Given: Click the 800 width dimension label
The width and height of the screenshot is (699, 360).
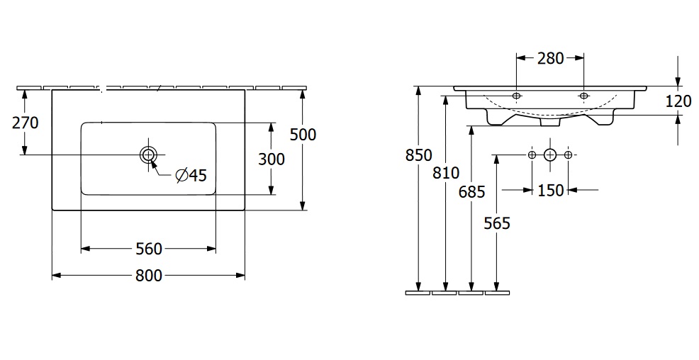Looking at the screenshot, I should [x=148, y=275].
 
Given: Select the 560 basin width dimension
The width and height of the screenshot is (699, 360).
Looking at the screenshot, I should [x=148, y=249].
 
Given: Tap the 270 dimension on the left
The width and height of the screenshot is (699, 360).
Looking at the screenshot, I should [x=26, y=123].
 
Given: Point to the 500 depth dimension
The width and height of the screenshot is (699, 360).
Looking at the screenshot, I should [x=303, y=134].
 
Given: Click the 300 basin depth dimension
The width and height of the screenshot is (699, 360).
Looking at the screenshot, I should [x=271, y=159].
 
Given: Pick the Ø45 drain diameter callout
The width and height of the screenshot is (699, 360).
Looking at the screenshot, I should [x=191, y=175].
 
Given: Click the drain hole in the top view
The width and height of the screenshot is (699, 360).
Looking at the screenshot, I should [x=149, y=154].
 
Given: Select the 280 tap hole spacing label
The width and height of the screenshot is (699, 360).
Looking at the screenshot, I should [x=549, y=58].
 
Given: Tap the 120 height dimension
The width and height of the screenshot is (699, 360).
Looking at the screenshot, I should [x=678, y=101].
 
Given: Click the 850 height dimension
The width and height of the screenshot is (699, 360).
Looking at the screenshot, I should [x=419, y=155].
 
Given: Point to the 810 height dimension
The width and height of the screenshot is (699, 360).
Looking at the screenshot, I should [x=445, y=172].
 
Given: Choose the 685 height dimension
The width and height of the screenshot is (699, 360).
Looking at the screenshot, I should [x=471, y=191].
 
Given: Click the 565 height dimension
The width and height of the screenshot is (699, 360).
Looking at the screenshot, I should [x=497, y=223].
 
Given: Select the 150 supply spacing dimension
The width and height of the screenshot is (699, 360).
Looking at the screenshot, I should [x=550, y=190].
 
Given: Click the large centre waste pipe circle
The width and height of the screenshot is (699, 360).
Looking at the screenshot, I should [x=549, y=154].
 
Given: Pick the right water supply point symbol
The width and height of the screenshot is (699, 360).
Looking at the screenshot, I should [x=568, y=154].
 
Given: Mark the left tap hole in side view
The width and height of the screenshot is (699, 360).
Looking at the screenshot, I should [x=516, y=96].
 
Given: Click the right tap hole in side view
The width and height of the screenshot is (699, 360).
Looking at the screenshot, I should [x=583, y=96].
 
